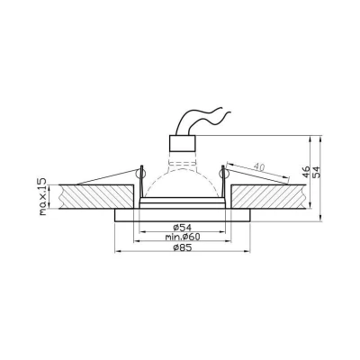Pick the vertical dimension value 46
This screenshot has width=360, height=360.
pos(304,174)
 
